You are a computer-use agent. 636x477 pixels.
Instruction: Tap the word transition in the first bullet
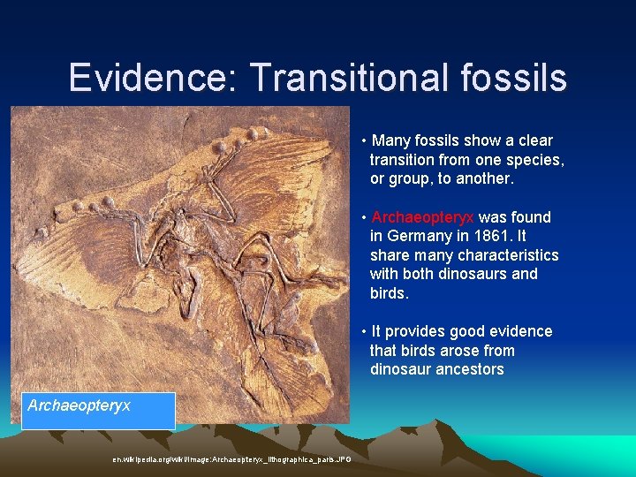(402, 160)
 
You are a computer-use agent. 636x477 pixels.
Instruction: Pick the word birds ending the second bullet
(390, 293)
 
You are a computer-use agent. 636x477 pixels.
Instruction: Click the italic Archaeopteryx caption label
(79, 405)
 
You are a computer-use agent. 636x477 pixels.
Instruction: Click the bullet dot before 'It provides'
(364, 332)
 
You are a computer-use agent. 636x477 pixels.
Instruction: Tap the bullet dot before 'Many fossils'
(364, 141)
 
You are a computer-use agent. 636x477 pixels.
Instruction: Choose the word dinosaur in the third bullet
(399, 369)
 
